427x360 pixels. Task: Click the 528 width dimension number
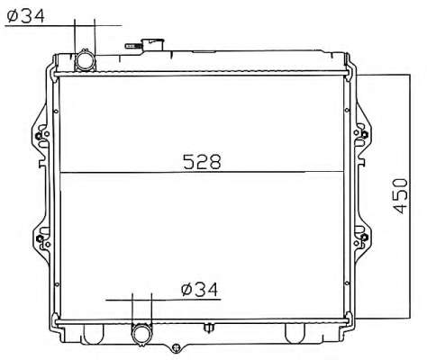coord(202,162)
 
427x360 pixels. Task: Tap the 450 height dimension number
coord(401,196)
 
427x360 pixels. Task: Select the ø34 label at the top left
coord(26,15)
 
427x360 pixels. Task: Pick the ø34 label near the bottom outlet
coord(199,290)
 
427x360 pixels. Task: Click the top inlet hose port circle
coord(85,61)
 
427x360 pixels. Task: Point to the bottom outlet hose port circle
coord(142,335)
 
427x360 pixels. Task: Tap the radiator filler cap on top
coord(153,45)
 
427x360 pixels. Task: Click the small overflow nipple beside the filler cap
coord(133,46)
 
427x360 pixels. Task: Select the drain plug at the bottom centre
coord(177,348)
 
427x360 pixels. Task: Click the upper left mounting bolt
coord(38,136)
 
